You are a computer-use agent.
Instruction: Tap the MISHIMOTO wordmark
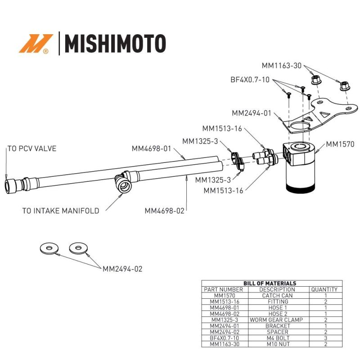point(115,44)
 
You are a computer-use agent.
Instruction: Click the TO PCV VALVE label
point(31,148)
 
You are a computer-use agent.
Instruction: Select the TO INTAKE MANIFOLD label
point(60,211)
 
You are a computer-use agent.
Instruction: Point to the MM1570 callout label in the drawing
point(340,144)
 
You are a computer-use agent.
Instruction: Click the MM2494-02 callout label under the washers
point(122,269)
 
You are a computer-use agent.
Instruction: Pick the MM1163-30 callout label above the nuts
point(283,65)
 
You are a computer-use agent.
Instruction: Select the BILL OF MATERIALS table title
point(270,283)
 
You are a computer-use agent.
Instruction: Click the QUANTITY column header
point(324,289)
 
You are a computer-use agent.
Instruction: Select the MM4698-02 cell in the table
point(224,314)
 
